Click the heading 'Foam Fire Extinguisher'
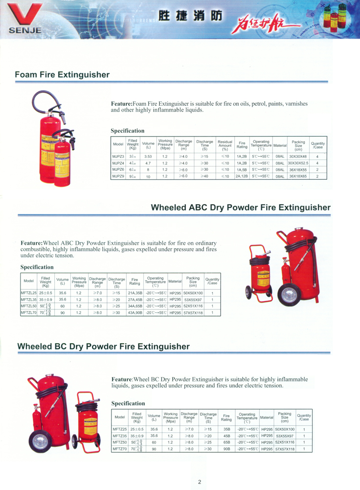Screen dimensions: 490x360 point(62,75)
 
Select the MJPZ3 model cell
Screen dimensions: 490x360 point(118,156)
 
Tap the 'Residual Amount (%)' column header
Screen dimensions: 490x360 point(225,145)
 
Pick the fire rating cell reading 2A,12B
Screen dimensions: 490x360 point(242,176)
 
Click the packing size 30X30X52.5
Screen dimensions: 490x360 point(298,163)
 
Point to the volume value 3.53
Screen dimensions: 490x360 point(148,156)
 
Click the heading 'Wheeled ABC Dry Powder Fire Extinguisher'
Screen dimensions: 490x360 point(240,208)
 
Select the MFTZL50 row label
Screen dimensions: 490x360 point(28,305)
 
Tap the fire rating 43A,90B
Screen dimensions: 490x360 point(135,312)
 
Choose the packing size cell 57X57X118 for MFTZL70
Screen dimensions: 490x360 point(193,312)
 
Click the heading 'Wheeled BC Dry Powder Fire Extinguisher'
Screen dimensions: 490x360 point(103,347)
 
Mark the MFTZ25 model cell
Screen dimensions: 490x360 point(120,429)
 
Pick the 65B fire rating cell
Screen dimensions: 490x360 point(226,442)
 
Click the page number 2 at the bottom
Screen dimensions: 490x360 point(200,482)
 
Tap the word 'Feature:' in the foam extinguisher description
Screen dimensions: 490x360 point(122,104)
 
